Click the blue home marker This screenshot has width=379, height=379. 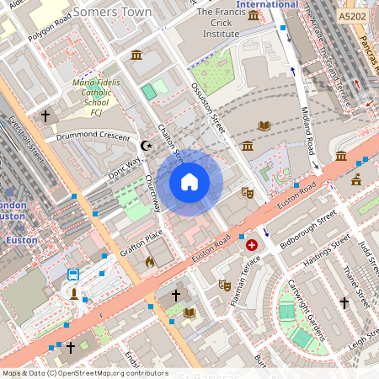tap(189, 182)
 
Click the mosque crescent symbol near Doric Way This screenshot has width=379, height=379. tap(147, 146)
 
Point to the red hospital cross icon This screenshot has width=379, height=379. tap(252, 245)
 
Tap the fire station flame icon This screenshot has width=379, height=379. tap(150, 262)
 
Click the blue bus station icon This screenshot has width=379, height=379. tap(73, 275)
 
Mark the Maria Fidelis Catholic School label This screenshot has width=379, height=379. tap(96, 99)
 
